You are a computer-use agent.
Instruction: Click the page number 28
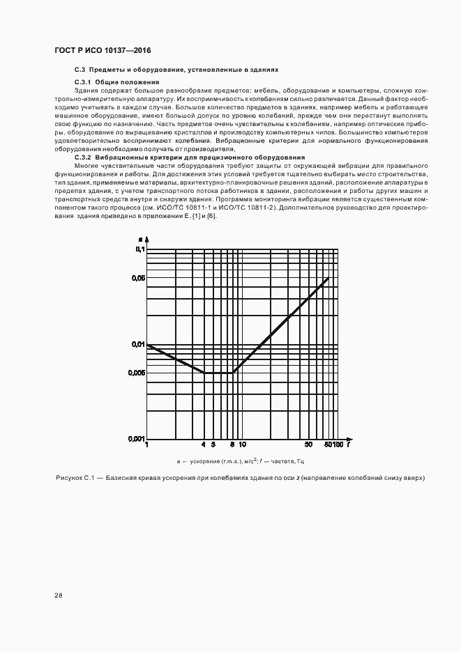click(58, 596)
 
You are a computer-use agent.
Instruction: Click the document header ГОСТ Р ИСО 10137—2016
click(102, 51)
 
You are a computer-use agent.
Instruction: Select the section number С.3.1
click(85, 82)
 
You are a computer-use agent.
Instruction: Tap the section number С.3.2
click(85, 157)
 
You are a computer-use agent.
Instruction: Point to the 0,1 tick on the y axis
click(139, 249)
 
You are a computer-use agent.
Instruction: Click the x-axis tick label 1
click(146, 445)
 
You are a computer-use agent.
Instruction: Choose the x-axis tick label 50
click(308, 445)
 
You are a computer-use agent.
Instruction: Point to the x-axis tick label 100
click(339, 445)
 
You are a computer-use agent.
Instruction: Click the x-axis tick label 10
click(242, 445)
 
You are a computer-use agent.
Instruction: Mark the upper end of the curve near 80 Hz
click(328, 279)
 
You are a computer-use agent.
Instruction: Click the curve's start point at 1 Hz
click(146, 345)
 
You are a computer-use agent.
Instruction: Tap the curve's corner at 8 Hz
click(233, 373)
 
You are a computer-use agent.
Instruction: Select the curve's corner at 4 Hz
click(204, 373)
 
